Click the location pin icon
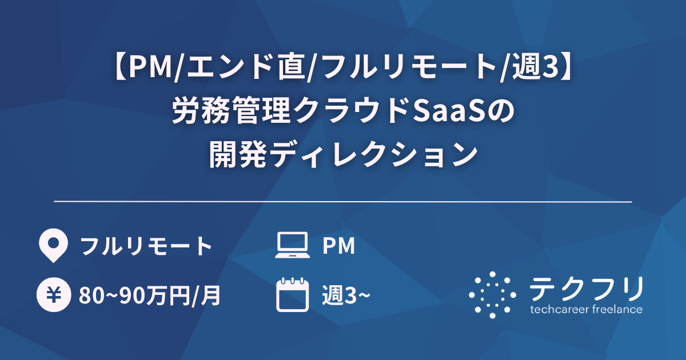tap(51, 246)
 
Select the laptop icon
tap(293, 246)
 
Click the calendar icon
tap(293, 295)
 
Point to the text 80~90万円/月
tap(150, 295)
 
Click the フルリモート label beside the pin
tap(146, 246)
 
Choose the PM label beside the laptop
tap(339, 246)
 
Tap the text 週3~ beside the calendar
tap(346, 295)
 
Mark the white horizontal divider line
tap(343, 202)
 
